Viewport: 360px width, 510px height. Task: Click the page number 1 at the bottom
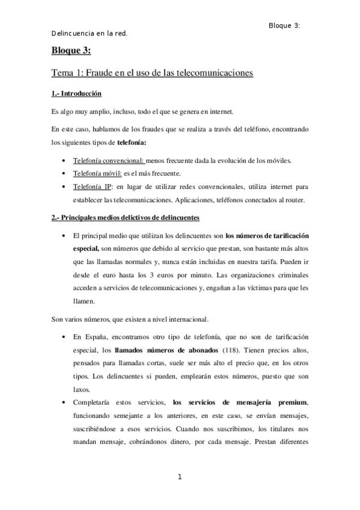point(179,477)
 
